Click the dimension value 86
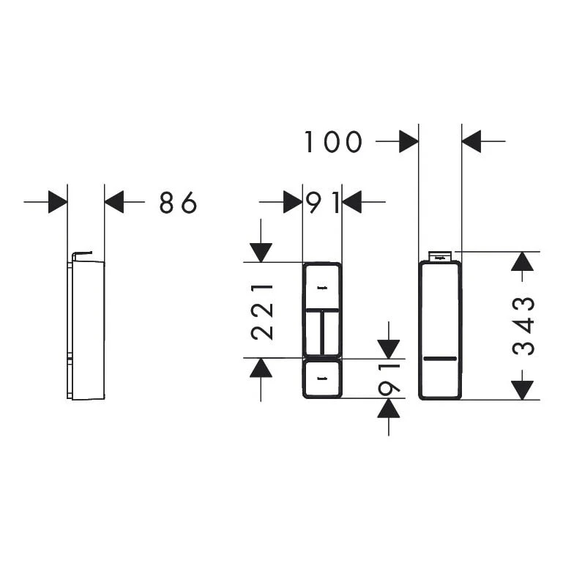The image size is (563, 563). tap(178, 202)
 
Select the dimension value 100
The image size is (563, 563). tap(333, 142)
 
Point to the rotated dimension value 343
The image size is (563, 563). tap(523, 327)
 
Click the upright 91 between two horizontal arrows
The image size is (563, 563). tap(322, 202)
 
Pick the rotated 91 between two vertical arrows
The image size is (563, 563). tap(389, 379)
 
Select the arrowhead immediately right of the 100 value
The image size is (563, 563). tap(409, 141)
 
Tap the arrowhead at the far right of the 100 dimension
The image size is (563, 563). tap(471, 141)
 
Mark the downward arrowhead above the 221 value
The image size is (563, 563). tap(261, 253)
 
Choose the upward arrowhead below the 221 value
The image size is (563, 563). tap(261, 368)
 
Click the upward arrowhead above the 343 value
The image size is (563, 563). tap(523, 261)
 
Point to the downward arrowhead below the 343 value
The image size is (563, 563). tap(523, 390)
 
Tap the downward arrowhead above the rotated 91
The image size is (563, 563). tap(389, 349)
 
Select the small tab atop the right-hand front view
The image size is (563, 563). tap(440, 256)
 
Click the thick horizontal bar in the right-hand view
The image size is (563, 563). tap(440, 359)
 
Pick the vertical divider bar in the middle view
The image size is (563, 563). tap(322, 333)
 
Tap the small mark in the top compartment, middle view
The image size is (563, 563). tap(322, 288)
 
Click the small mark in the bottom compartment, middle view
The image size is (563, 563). tap(322, 378)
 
